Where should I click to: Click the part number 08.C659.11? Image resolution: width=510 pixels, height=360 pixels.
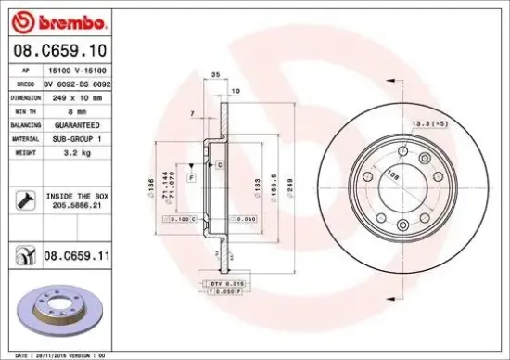click(x=78, y=251)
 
